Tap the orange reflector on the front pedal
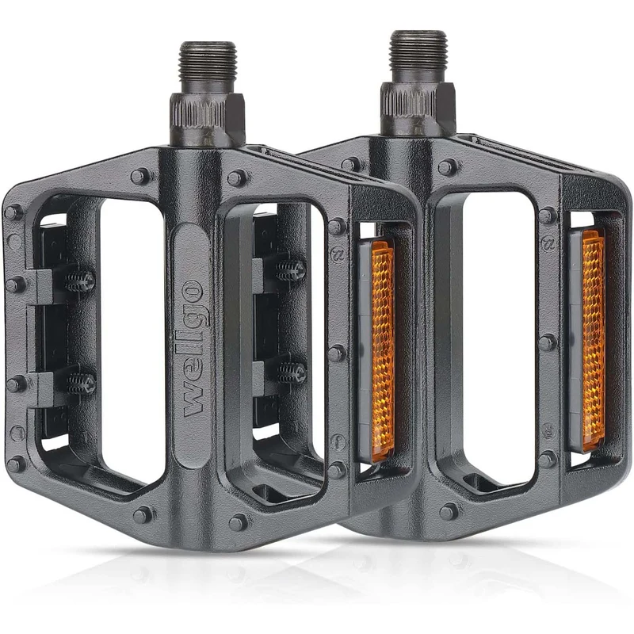382,351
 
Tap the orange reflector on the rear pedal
593,341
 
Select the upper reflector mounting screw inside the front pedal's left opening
80,280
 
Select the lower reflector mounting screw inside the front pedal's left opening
81,383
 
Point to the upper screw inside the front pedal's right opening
291,269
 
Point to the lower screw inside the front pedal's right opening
292,372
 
